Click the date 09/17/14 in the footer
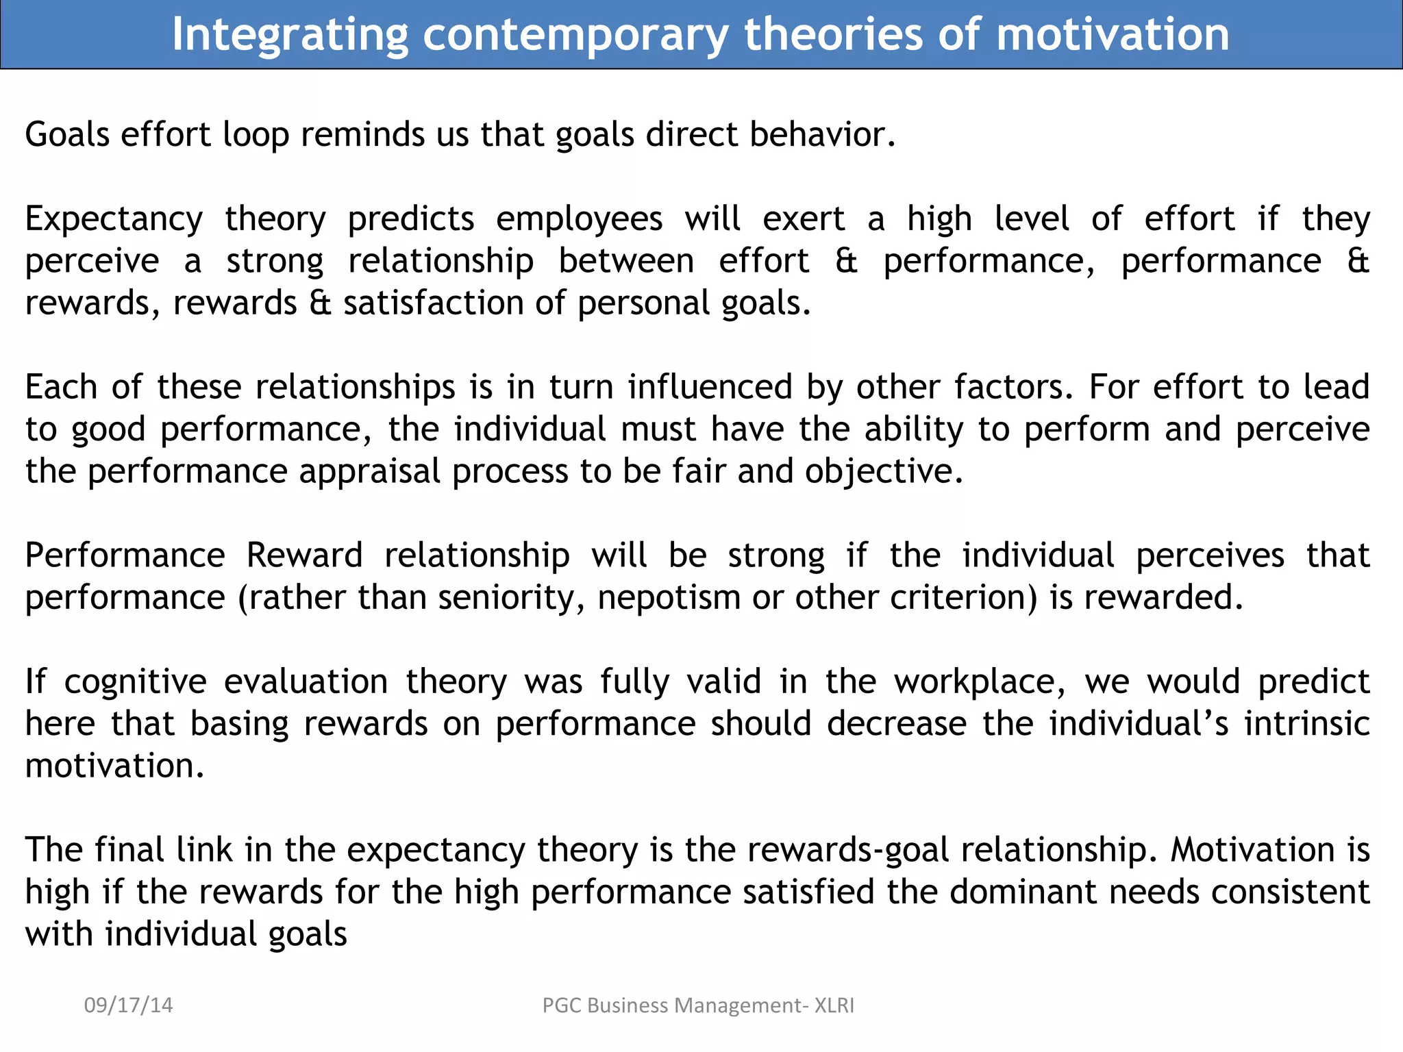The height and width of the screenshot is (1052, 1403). coord(128,1005)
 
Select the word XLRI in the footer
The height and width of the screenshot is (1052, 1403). coord(834,1005)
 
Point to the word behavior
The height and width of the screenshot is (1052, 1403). coord(821,134)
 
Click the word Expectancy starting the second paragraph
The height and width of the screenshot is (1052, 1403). coord(114,220)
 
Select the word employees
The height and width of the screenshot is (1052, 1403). coord(579,220)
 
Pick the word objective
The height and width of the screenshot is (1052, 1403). coord(883,472)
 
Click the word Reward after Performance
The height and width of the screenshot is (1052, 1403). coord(304,555)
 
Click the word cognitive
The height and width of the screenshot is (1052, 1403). coord(135,682)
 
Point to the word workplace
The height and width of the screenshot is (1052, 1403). coord(979,682)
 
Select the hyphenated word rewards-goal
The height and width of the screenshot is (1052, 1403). coord(847,850)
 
